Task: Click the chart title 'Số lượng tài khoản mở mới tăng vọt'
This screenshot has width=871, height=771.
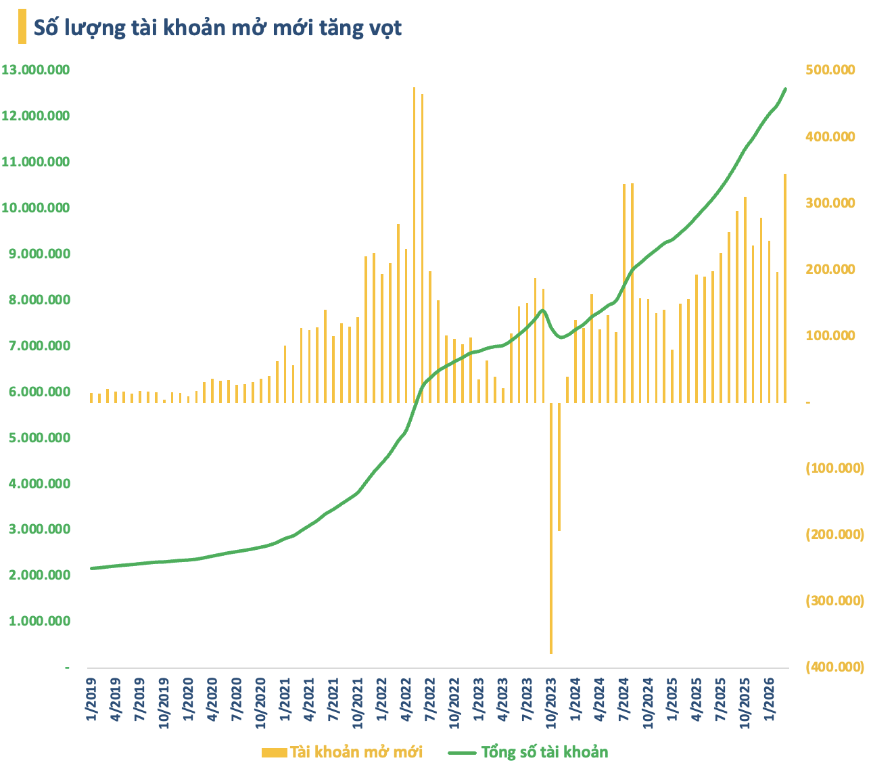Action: coord(218,28)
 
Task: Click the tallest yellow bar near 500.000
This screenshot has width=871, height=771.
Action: coord(415,243)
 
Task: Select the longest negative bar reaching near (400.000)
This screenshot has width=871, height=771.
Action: coord(551,528)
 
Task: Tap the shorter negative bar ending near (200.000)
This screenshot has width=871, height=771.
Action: coord(559,467)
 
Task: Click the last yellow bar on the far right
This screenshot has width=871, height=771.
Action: coord(785,287)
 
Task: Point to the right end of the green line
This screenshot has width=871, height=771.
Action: coord(785,89)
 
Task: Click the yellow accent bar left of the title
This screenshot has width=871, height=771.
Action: coord(22,27)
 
